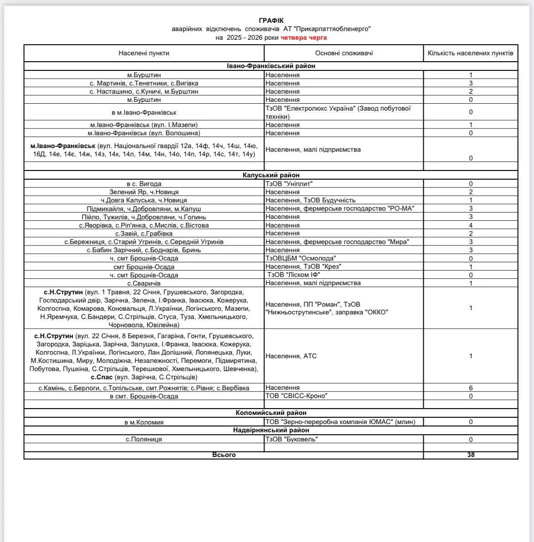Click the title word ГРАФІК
click(x=271, y=21)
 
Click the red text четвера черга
click(x=304, y=37)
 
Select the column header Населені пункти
click(x=144, y=53)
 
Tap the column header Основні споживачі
click(x=344, y=53)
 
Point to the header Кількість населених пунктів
click(x=471, y=53)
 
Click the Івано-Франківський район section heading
click(x=271, y=66)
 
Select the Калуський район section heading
click(x=271, y=175)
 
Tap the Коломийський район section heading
click(x=271, y=413)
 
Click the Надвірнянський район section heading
click(x=271, y=430)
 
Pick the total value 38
click(x=471, y=455)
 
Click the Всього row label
click(x=224, y=455)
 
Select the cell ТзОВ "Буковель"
click(x=292, y=439)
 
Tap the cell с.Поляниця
click(x=144, y=439)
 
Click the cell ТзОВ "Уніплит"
click(x=289, y=184)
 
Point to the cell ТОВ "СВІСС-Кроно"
click(x=296, y=396)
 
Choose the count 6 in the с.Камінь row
click(x=471, y=388)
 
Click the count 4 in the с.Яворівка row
click(x=471, y=225)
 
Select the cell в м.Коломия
click(x=144, y=422)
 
